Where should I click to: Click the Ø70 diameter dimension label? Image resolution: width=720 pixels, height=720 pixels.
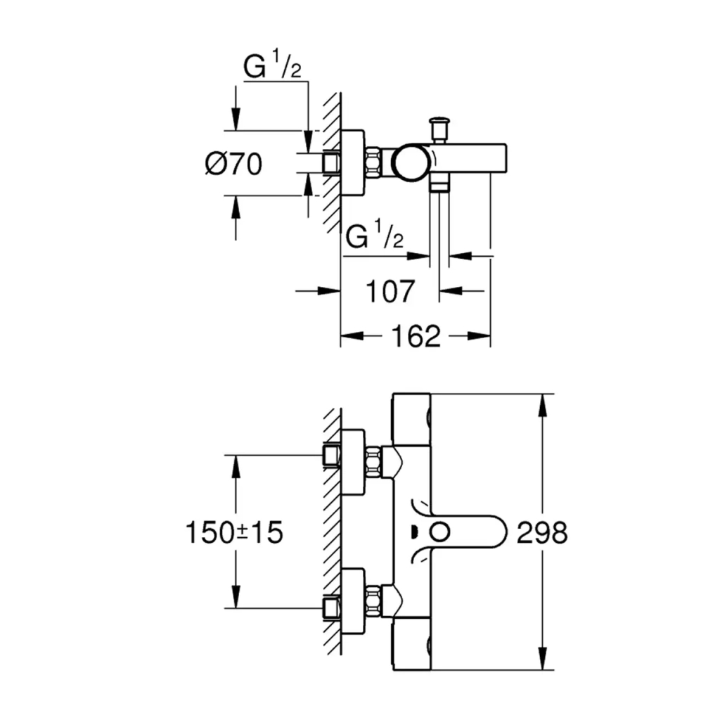click(x=233, y=164)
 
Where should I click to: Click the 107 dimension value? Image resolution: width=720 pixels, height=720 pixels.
click(x=390, y=290)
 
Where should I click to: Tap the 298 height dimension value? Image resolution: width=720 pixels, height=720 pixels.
click(x=541, y=532)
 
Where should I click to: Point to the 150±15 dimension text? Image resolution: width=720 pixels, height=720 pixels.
click(x=234, y=532)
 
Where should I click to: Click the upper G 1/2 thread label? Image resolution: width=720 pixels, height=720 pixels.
click(x=273, y=68)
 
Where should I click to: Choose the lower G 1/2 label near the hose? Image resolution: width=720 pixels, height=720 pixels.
click(x=375, y=237)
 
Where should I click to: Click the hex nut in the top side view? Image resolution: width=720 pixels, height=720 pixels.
click(x=374, y=162)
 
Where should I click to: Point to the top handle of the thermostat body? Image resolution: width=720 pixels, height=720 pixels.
click(x=411, y=418)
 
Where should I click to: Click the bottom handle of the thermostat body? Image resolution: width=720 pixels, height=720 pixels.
click(x=411, y=643)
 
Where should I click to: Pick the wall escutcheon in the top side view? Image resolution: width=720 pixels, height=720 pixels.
click(x=354, y=163)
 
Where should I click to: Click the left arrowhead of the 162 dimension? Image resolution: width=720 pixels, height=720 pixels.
click(x=349, y=337)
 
